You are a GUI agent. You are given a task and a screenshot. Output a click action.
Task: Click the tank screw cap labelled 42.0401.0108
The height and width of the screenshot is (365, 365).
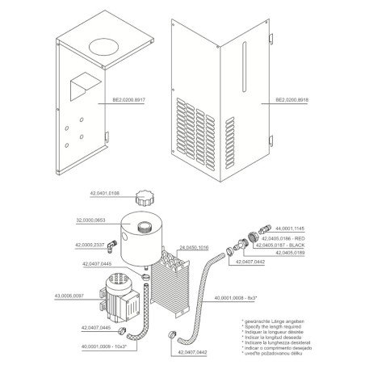point(147,198)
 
